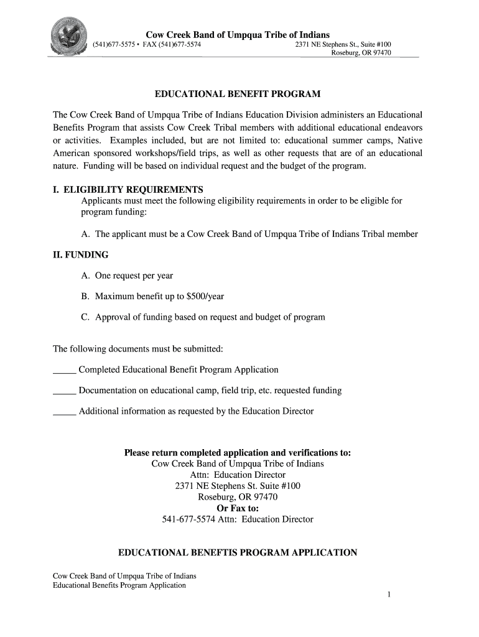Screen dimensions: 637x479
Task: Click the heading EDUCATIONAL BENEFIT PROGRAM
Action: [238, 95]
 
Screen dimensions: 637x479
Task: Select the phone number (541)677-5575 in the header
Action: [113, 45]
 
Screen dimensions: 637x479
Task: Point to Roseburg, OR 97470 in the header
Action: [361, 53]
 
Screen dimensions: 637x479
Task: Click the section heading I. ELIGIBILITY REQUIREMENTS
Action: [128, 189]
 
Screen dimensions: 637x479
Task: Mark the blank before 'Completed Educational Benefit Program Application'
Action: [64, 371]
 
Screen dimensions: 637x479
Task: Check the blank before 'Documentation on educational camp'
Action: [64, 391]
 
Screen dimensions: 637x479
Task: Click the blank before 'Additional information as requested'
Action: [64, 412]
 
